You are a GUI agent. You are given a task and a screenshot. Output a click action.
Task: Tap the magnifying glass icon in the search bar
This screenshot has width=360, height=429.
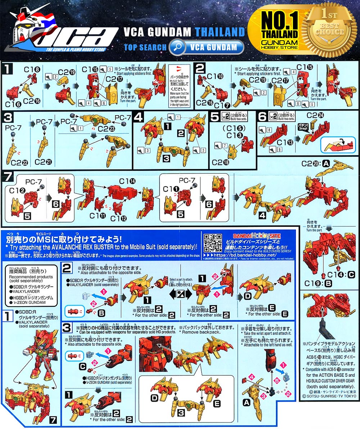click(x=177, y=47)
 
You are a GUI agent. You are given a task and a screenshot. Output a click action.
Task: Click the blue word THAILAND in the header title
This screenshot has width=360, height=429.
click(x=220, y=32)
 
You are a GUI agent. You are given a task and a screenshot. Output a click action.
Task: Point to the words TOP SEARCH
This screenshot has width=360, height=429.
click(x=145, y=48)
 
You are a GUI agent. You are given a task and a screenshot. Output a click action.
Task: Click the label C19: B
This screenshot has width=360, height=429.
click(x=313, y=283)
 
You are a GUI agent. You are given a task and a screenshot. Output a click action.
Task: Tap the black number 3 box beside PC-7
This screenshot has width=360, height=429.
click(x=8, y=117)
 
